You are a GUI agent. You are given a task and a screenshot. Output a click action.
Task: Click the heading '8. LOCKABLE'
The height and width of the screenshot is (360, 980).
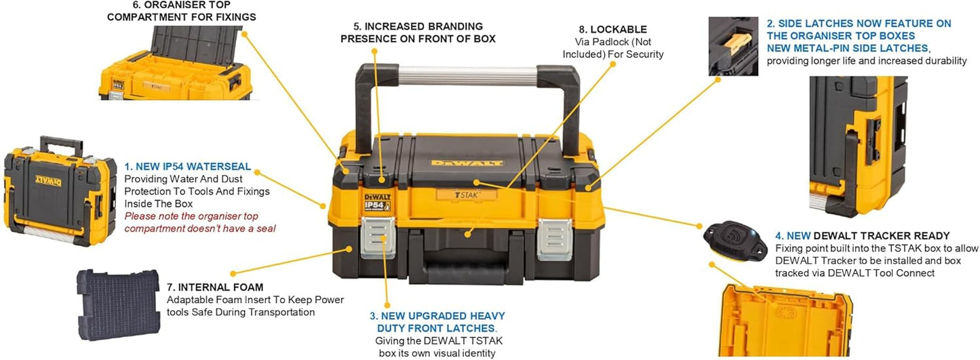[x=612, y=29]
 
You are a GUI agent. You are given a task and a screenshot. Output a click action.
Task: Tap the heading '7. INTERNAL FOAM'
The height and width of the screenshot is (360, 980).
[x=215, y=287]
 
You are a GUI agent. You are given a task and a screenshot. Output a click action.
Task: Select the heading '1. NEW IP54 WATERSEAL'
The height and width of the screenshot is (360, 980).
[x=188, y=167]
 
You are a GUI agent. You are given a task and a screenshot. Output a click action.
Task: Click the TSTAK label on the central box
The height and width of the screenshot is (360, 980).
[x=467, y=195]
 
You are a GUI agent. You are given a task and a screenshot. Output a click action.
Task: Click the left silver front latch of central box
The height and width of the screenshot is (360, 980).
[x=378, y=237]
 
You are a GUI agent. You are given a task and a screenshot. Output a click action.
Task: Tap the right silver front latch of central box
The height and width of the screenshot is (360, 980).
[x=555, y=239]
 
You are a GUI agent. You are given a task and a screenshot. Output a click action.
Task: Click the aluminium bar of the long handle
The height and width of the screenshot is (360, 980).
[x=468, y=76]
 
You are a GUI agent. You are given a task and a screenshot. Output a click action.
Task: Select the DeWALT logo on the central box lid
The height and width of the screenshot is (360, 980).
[x=467, y=163]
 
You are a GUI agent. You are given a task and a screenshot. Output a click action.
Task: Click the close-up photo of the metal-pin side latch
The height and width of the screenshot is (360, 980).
[x=733, y=46]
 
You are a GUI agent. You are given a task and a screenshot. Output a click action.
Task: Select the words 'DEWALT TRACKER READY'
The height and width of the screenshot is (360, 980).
[x=882, y=236]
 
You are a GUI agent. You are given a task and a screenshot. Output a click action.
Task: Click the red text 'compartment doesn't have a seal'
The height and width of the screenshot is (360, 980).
[x=200, y=228]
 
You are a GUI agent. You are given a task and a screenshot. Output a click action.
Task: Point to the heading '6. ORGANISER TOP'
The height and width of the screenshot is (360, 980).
[x=182, y=5]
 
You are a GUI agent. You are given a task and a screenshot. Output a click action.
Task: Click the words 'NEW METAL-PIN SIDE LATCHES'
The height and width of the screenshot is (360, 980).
[x=848, y=48]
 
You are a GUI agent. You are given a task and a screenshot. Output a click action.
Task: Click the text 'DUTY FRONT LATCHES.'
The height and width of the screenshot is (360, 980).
[x=437, y=328]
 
